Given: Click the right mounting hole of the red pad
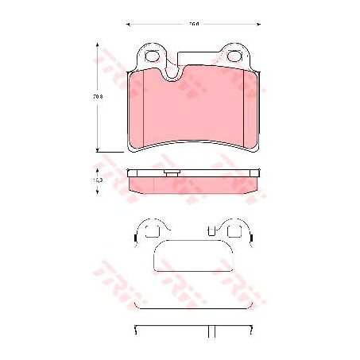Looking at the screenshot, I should (x=235, y=56).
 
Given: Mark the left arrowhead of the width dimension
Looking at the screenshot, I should (x=129, y=25).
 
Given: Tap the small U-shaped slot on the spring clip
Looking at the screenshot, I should (x=211, y=231).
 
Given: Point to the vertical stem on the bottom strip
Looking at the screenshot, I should (x=214, y=331).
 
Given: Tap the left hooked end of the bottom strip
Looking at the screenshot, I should (x=134, y=329).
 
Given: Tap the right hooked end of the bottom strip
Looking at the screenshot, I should (x=254, y=329).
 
